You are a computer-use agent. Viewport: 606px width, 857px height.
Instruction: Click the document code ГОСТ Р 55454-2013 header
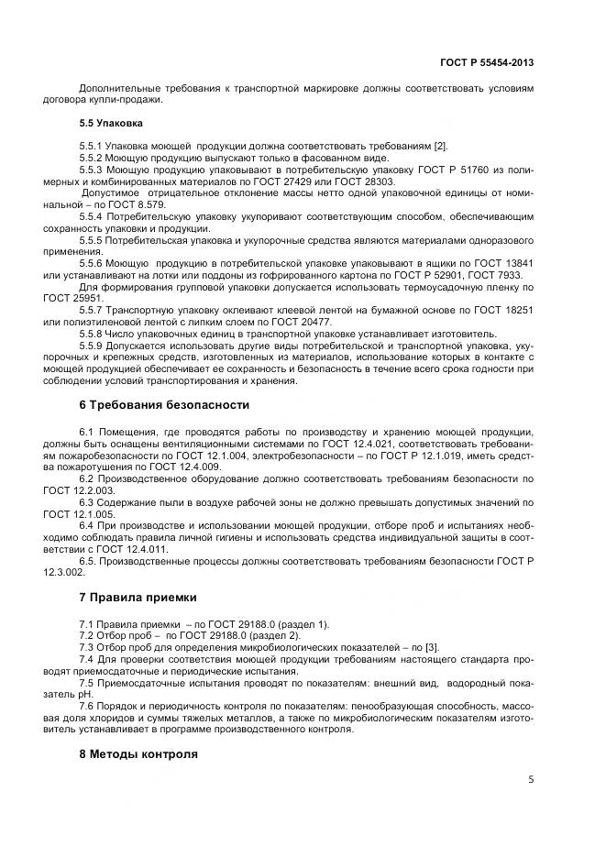tap(487, 62)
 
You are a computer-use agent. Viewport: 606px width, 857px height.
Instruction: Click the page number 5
tap(531, 780)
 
